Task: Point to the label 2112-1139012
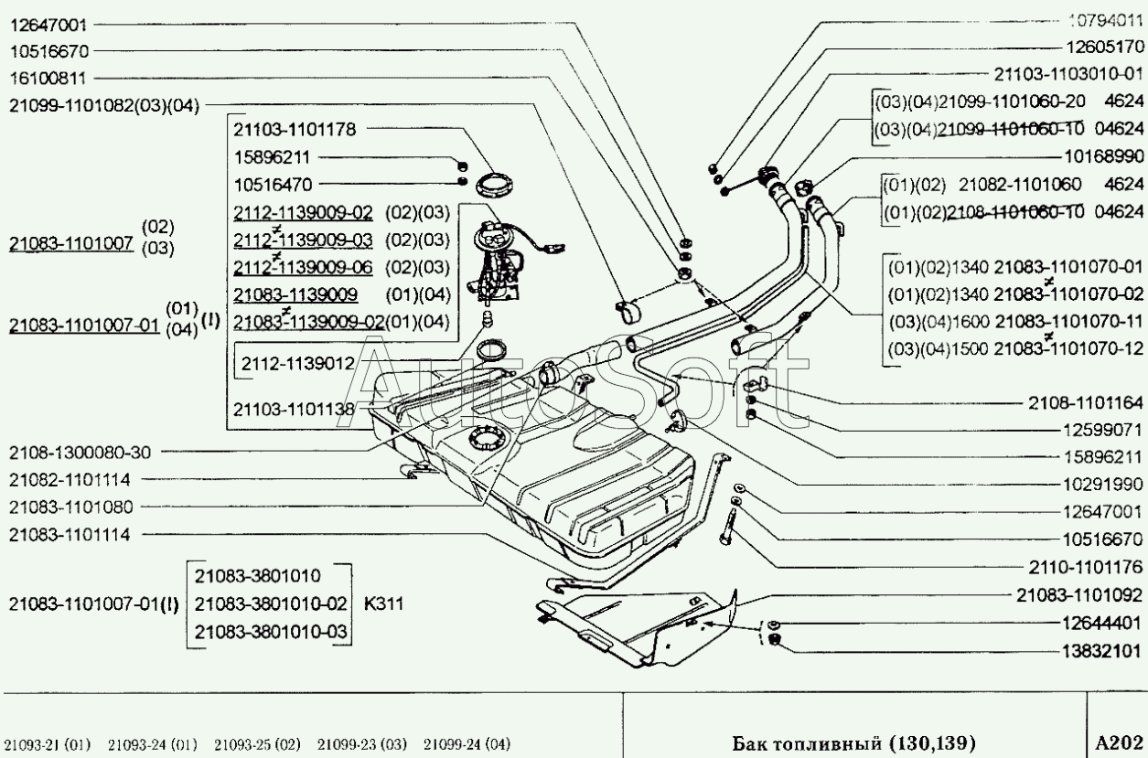[298, 363]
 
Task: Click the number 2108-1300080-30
[80, 452]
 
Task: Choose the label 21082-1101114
[70, 479]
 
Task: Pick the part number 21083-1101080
[70, 507]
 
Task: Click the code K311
[384, 603]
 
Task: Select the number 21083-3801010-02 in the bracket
[272, 603]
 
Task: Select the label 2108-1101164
[1083, 401]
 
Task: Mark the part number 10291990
[1094, 483]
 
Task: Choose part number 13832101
[1094, 651]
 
